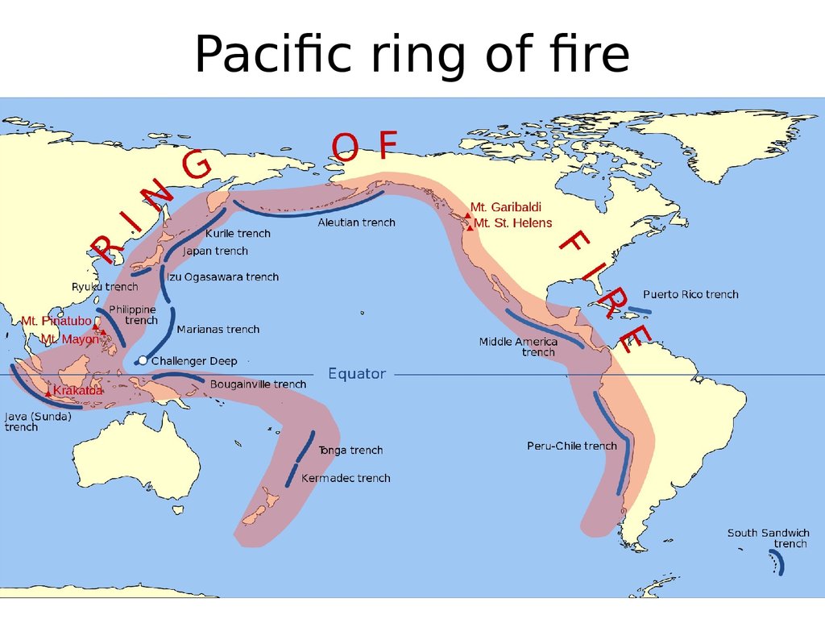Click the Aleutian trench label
point(356,222)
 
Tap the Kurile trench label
point(238,234)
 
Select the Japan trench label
point(215,251)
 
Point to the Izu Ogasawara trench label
point(222,276)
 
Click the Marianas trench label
point(218,329)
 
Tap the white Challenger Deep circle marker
point(143,360)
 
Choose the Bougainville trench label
point(258,384)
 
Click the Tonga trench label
point(350,450)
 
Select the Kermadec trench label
point(346,478)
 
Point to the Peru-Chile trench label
point(572,446)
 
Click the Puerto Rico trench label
point(690,294)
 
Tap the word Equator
point(357,374)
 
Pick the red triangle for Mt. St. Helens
point(470,227)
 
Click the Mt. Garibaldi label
point(506,207)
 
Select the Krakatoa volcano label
point(78,391)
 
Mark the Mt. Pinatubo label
point(56,321)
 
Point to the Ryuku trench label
point(105,286)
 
